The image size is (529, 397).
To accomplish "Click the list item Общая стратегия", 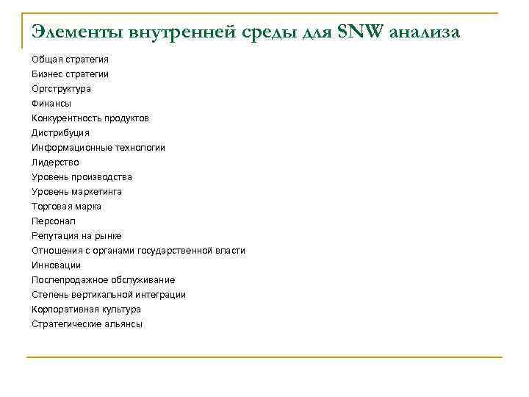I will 70,59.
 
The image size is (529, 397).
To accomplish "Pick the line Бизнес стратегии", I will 70,74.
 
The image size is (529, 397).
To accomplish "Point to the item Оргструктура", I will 61,88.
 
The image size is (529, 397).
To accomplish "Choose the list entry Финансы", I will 51,103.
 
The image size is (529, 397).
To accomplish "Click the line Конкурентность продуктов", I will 90,118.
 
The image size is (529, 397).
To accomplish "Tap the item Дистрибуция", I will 60,132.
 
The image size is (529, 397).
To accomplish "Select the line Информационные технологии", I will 98,147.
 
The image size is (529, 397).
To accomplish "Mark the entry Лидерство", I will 55,162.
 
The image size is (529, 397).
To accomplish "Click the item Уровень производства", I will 82,176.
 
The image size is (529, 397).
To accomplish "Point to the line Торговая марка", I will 66,206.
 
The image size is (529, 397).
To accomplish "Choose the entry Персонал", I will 54,221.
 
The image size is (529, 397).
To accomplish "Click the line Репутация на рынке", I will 76,235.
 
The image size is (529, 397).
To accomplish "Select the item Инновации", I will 56,265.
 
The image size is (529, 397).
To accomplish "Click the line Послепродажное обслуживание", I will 103,279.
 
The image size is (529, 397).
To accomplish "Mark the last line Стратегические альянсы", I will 87,323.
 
